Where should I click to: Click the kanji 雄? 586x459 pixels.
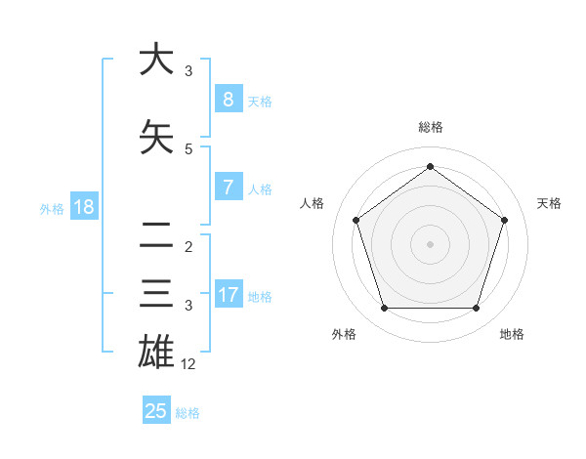coord(156,352)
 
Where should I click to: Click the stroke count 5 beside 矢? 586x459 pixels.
coord(188,149)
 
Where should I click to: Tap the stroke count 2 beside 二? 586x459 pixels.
coord(188,246)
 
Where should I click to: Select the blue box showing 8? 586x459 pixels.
coord(228,99)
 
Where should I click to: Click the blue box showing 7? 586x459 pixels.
coord(228,187)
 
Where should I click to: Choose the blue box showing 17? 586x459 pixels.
coord(228,294)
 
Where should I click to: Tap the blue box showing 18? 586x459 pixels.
coord(83,207)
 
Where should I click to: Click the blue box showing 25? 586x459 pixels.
coord(156,411)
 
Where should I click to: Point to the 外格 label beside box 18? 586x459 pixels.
coord(52,209)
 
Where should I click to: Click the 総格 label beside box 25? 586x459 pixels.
coord(188,413)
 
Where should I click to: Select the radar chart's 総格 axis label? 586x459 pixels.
coord(430,127)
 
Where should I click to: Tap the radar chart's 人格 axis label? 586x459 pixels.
coord(313,203)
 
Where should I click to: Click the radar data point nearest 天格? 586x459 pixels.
coord(504,220)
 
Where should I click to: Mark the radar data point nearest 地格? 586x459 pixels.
coord(476,309)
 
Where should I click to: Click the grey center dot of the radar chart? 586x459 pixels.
coord(430,244)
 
